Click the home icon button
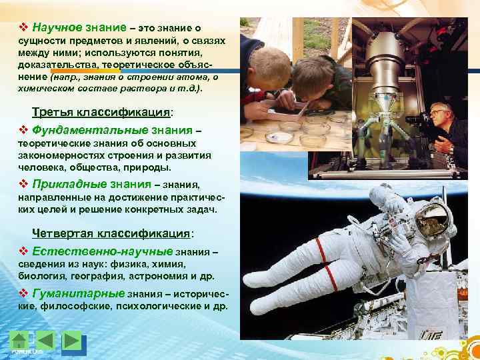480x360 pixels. click(x=21, y=340)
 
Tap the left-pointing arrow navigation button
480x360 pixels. click(x=45, y=340)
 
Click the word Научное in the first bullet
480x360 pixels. click(x=57, y=27)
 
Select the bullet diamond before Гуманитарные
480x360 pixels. click(x=23, y=293)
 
